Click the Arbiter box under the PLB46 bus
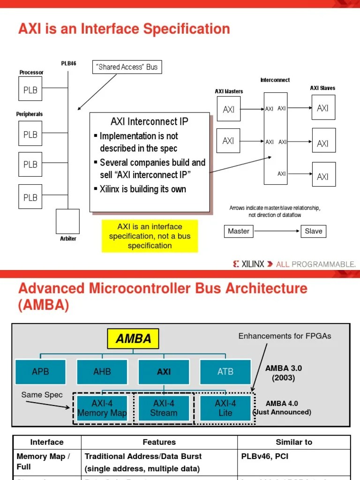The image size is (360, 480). point(67,221)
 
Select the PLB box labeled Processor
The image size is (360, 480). point(30,90)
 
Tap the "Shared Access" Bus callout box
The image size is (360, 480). point(127,67)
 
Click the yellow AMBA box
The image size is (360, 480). point(134,339)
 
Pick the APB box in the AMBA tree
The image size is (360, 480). point(40,372)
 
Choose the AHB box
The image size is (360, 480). point(102,372)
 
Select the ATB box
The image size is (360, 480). point(225,372)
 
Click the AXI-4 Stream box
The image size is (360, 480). point(164,408)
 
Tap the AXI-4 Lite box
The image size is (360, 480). point(225,408)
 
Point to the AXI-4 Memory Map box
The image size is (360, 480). point(102,408)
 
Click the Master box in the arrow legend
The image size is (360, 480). point(239,231)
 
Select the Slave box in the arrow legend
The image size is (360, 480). point(314,231)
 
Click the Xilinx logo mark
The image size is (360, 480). point(236,264)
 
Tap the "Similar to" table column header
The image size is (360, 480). point(294,442)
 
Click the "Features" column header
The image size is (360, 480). point(159,442)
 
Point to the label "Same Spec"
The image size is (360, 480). point(42,395)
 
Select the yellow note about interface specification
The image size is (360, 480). point(150,236)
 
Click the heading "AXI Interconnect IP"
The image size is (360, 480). point(150,122)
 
